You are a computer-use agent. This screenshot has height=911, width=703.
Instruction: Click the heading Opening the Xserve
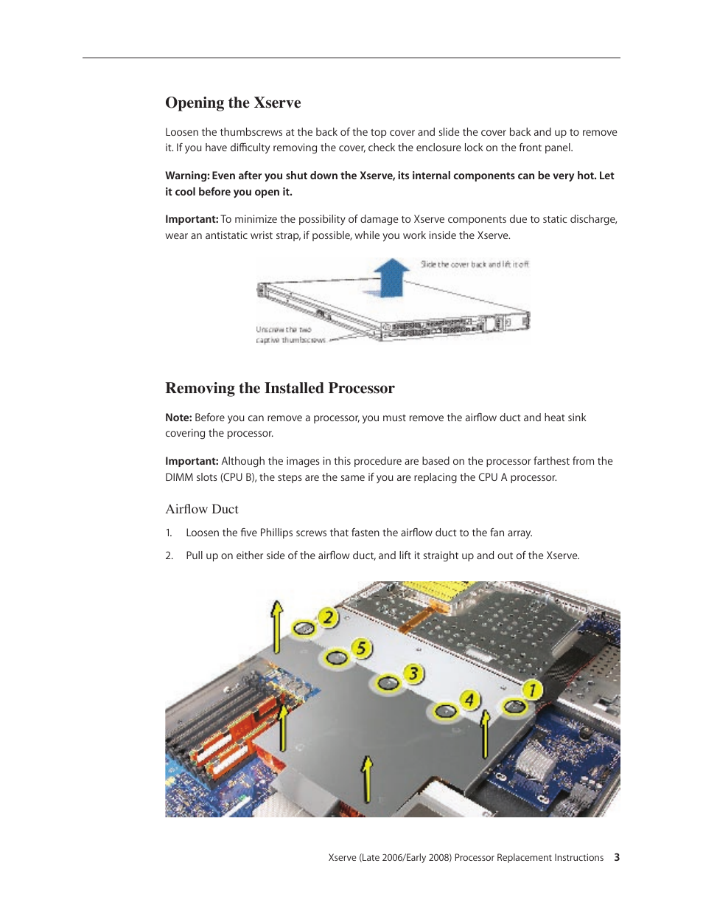coord(233,103)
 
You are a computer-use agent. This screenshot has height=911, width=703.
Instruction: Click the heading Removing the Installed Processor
coord(279,388)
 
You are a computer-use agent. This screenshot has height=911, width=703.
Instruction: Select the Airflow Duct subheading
coord(202,509)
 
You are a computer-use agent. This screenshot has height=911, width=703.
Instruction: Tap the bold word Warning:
coord(187,176)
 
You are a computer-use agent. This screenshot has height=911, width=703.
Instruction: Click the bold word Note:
coord(178,418)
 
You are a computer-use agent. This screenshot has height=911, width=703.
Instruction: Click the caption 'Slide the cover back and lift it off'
coord(475,264)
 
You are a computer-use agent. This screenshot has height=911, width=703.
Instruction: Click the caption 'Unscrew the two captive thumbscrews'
coord(290,335)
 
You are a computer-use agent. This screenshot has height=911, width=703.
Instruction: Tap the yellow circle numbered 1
coord(532,690)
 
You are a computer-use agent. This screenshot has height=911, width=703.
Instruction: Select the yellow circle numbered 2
coord(328,617)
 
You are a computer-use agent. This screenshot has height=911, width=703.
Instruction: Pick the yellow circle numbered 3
coord(413,673)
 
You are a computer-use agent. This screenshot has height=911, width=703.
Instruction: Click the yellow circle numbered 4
coord(469,699)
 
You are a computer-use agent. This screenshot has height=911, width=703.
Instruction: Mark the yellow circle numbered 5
coord(361,648)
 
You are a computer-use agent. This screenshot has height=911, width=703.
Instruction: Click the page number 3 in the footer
coord(617,857)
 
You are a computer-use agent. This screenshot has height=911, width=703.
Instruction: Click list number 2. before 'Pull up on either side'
coord(169,555)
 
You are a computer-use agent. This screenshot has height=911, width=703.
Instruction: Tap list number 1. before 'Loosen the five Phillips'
coord(169,533)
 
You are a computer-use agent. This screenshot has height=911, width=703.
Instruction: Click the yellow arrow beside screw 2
coord(277,626)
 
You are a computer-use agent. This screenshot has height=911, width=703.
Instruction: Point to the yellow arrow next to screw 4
coord(485,734)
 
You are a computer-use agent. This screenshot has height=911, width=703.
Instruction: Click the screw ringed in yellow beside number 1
coord(514,707)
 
